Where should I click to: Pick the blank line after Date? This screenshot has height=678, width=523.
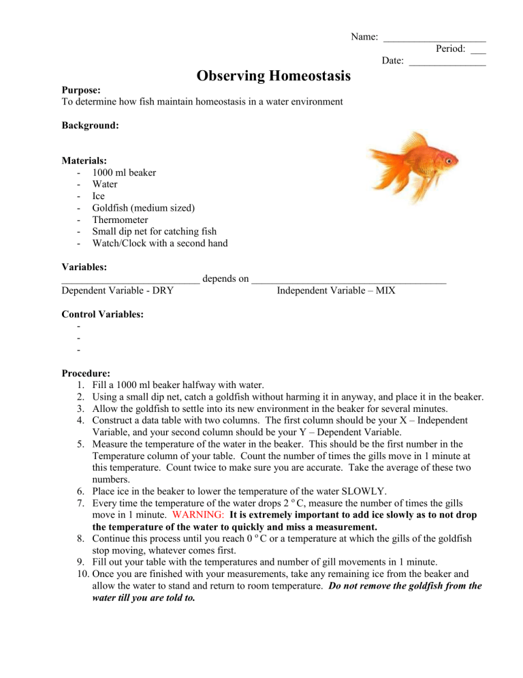[x=447, y=61]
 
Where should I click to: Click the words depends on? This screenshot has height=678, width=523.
[x=225, y=278]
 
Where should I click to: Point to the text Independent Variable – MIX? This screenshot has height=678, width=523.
[x=336, y=291]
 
